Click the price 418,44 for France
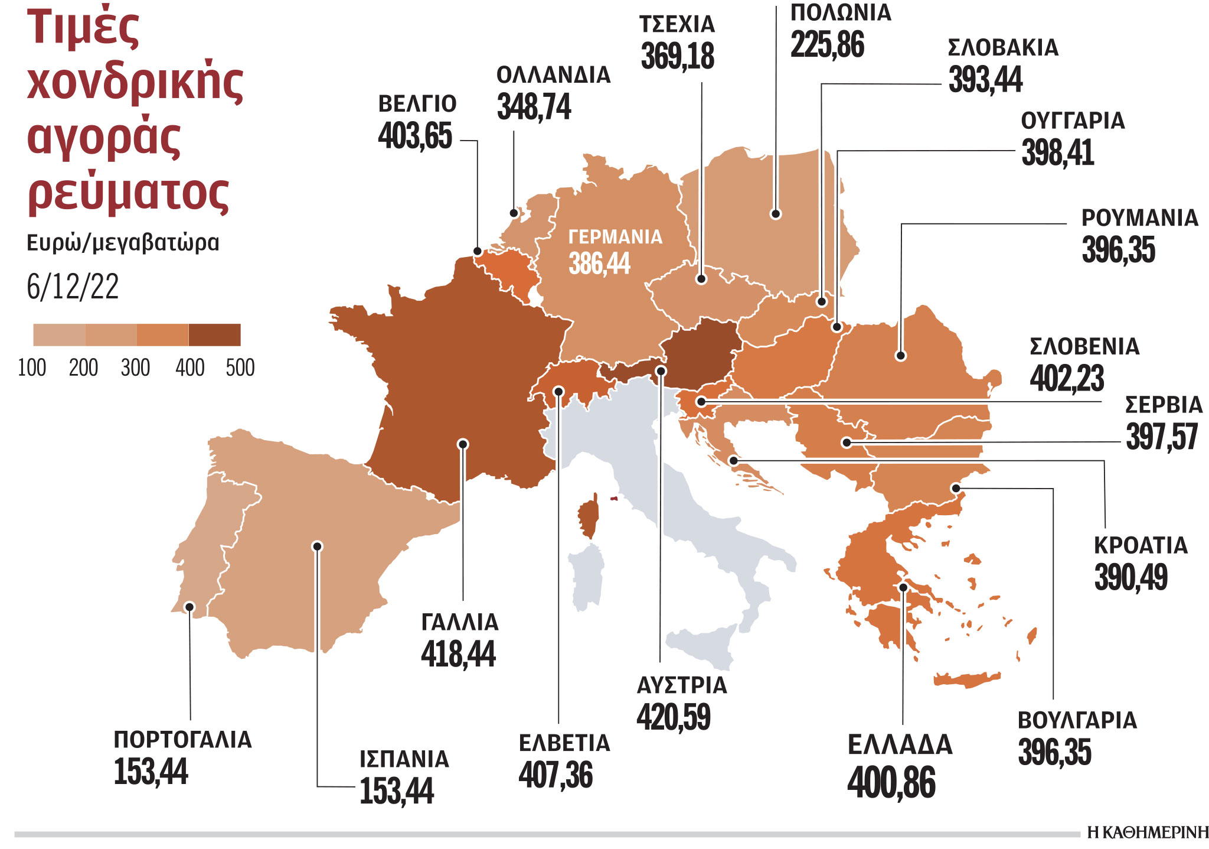(x=458, y=655)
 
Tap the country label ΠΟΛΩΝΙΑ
(x=841, y=12)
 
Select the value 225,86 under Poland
(x=827, y=45)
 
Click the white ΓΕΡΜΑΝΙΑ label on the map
(x=615, y=237)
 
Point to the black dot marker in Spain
(x=318, y=546)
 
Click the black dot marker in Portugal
(x=189, y=607)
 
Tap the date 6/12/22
(x=73, y=287)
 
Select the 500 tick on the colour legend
(x=240, y=368)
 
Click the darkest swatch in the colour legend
(x=215, y=334)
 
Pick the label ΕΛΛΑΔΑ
(x=900, y=745)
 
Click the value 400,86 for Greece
(x=891, y=783)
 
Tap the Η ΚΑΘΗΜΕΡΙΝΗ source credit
(x=1148, y=833)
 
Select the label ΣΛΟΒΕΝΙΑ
(x=1084, y=347)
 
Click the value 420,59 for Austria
(x=674, y=717)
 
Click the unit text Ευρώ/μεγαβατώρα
(x=123, y=243)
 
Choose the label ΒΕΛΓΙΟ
(x=417, y=104)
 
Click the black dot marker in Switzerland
(x=558, y=391)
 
